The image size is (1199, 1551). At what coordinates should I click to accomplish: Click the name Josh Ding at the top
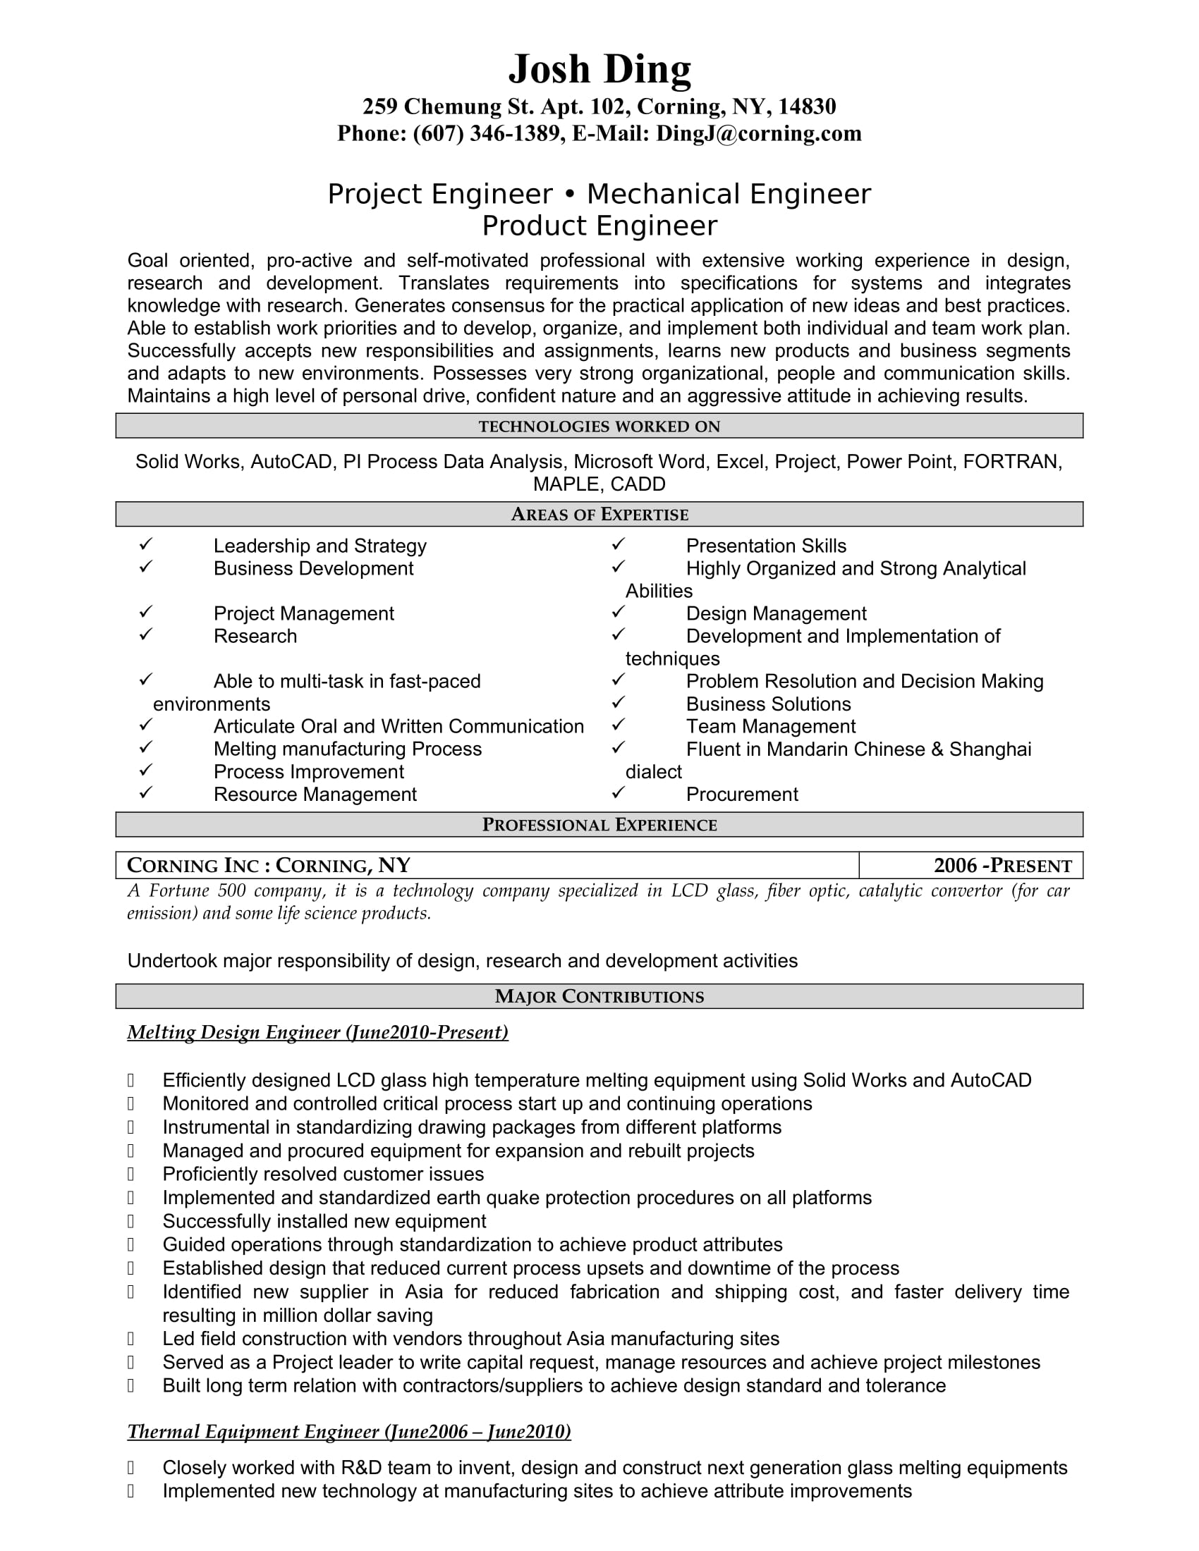coord(599,69)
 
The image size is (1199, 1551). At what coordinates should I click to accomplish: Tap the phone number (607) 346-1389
coord(487,133)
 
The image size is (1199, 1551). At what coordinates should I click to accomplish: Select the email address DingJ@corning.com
coord(759,133)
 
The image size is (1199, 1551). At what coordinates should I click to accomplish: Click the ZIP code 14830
coord(807,106)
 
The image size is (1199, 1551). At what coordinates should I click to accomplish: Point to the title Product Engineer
coord(599,226)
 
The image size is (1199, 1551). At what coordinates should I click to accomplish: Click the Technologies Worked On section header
coord(599,426)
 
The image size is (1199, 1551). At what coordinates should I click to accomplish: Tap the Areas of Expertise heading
coord(599,514)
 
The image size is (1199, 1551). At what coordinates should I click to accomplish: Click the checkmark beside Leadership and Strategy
coord(145,544)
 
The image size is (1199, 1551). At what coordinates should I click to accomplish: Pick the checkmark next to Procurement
coord(618,792)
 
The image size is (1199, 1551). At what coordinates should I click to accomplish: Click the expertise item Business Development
coord(313,568)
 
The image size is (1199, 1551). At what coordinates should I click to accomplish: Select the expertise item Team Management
coord(771,726)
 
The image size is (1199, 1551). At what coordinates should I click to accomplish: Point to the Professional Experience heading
coord(599,825)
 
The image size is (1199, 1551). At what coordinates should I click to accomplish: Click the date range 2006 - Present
coord(1002,866)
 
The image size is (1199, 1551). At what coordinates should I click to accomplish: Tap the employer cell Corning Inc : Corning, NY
coord(269,866)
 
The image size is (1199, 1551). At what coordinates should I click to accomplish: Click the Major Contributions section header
coord(599,996)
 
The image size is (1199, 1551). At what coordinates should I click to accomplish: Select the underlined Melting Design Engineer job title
coord(317,1032)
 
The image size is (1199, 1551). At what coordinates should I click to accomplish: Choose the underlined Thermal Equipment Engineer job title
coord(348,1431)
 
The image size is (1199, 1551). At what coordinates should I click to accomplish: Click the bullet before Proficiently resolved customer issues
coord(130,1174)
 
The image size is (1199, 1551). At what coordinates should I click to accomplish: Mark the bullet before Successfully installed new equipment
coord(130,1221)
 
